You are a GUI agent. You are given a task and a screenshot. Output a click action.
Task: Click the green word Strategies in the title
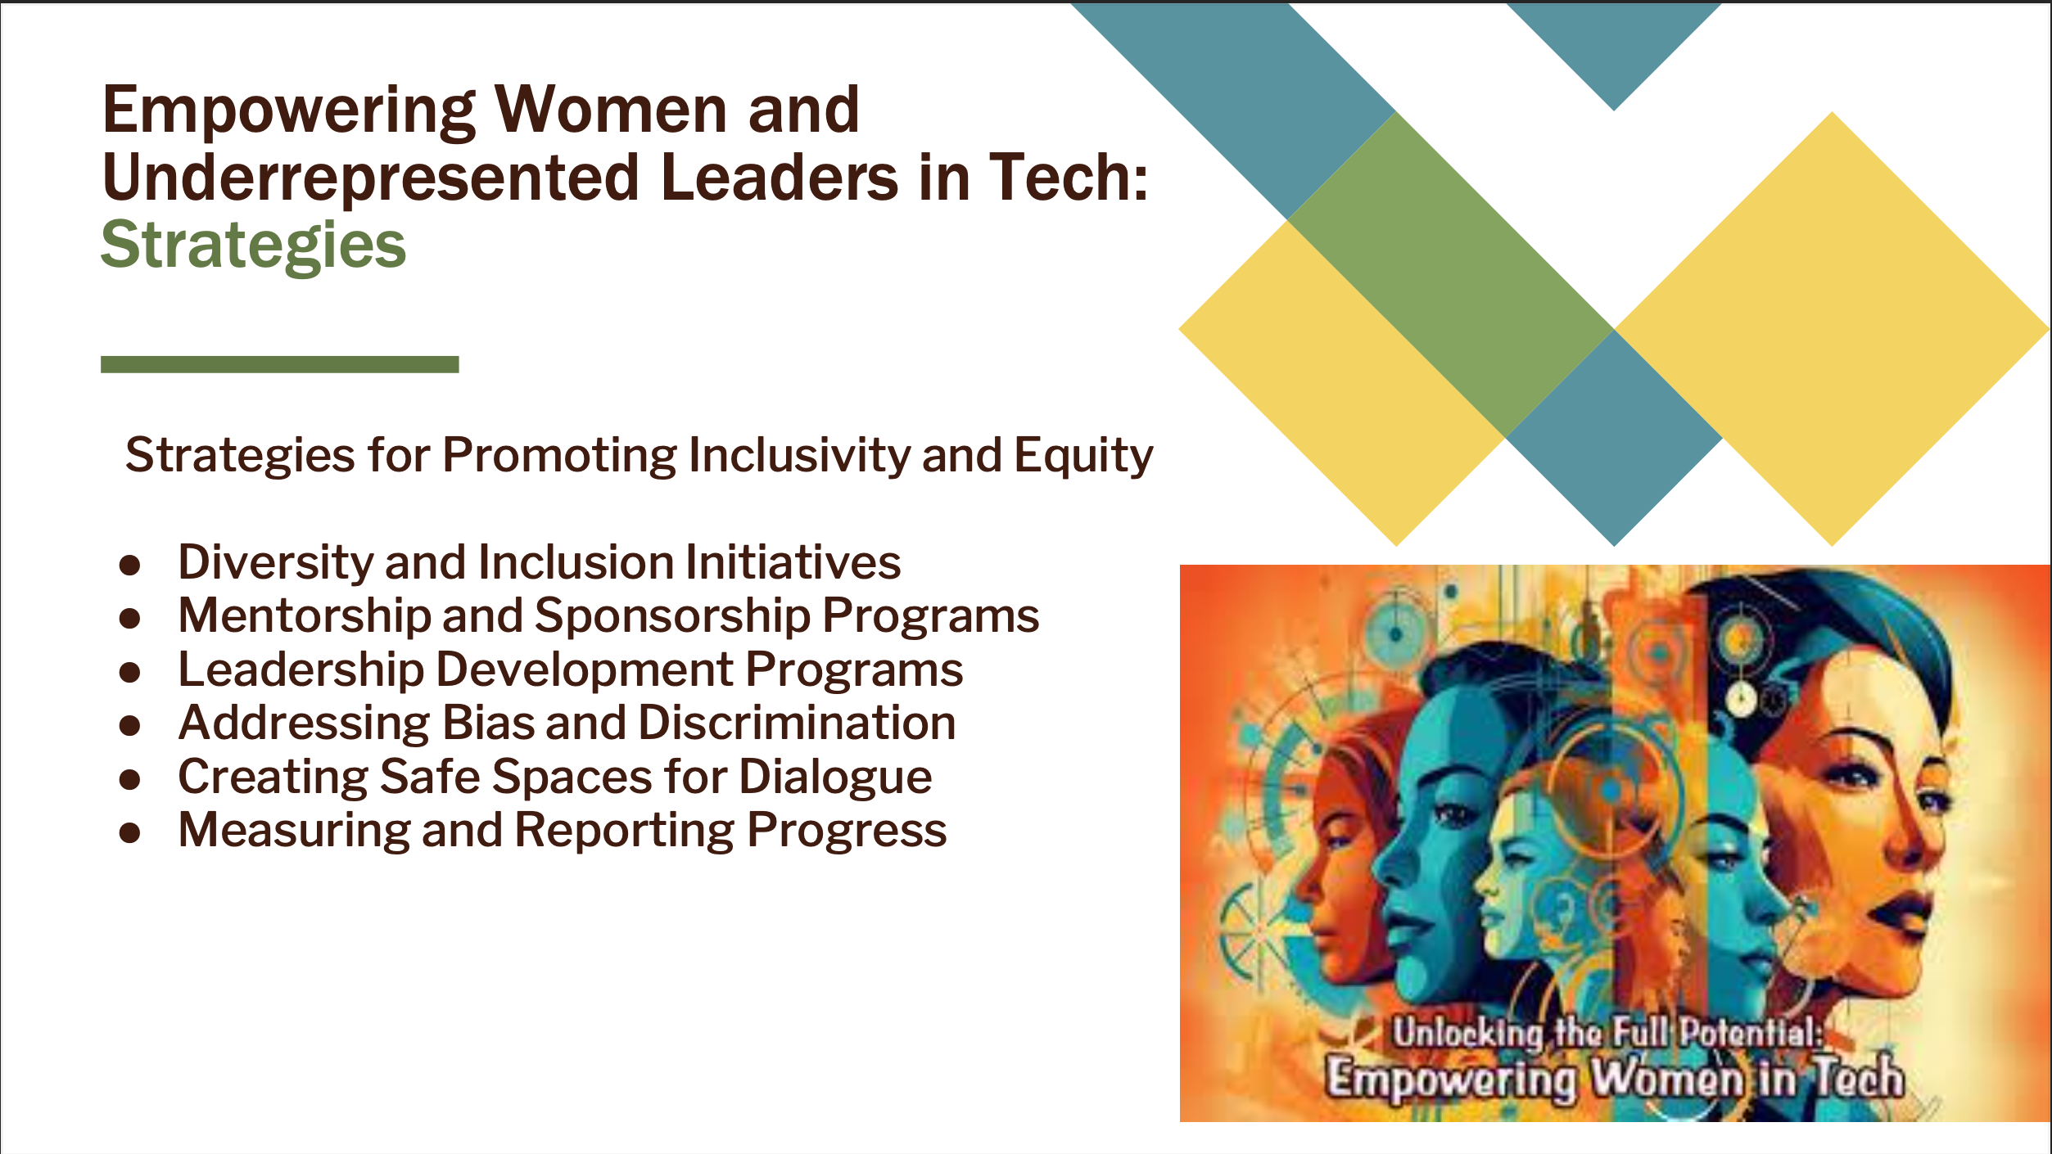coord(253,246)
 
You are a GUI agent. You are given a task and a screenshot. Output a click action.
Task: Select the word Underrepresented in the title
coord(370,178)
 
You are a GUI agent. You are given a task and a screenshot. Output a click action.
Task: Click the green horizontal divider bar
coord(279,364)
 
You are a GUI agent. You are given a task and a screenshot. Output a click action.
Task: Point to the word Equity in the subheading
coord(1083,456)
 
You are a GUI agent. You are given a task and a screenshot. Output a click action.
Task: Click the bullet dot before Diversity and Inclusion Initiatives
coord(129,566)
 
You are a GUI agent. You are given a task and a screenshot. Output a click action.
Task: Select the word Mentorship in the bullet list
coord(304,616)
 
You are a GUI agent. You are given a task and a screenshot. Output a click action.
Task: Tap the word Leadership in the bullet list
coord(301,670)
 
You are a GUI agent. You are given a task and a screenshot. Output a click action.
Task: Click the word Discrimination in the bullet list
coord(797,723)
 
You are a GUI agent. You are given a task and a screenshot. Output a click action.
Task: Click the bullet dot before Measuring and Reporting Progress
coord(129,833)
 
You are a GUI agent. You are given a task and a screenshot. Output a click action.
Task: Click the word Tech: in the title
coord(1069,178)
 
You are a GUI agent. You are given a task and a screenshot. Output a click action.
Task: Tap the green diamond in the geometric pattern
coord(1450,274)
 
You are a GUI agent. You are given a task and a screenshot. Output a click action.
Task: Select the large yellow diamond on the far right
coord(1833,329)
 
